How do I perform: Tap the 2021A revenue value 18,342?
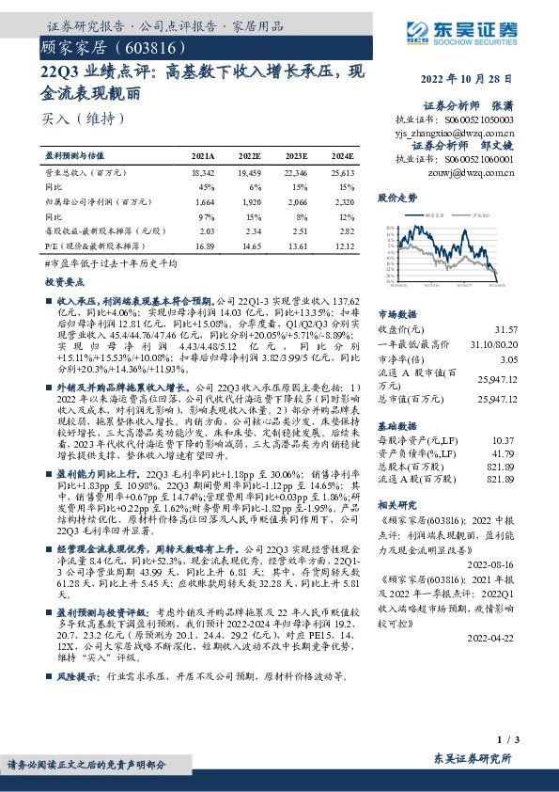[x=202, y=174]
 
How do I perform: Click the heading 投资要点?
[x=63, y=281]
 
